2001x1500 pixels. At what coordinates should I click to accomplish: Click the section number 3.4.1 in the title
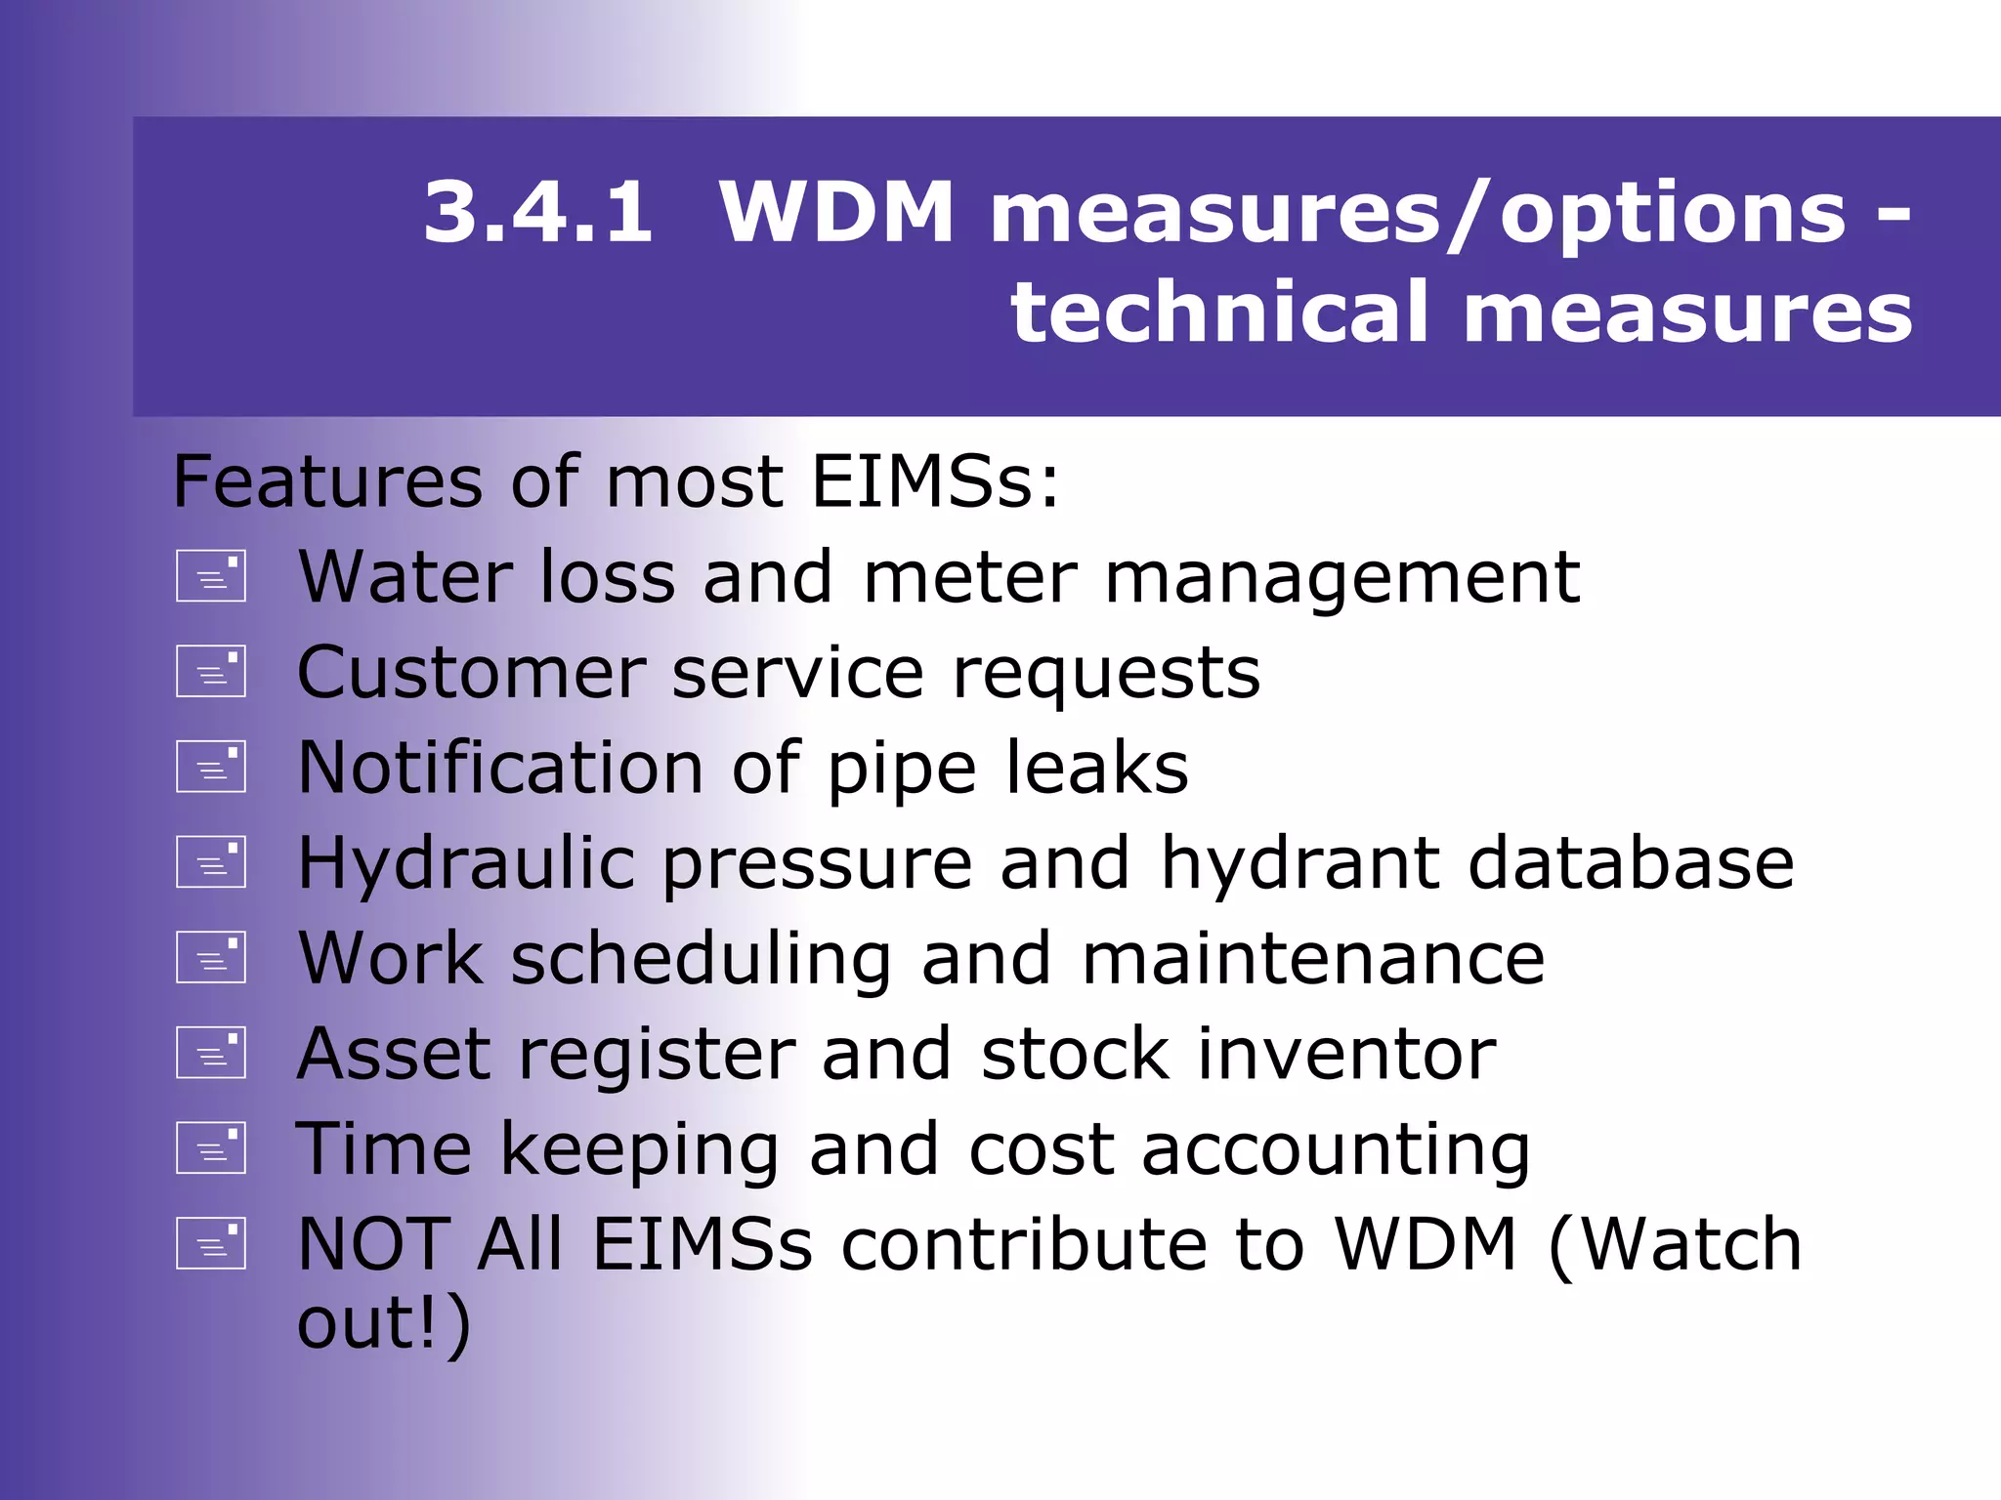(537, 213)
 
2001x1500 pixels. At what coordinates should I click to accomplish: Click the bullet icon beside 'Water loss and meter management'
(210, 576)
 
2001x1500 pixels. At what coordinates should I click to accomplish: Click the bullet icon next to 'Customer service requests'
(210, 671)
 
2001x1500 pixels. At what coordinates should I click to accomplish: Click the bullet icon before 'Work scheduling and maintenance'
(210, 957)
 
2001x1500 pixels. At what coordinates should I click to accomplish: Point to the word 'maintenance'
(1313, 959)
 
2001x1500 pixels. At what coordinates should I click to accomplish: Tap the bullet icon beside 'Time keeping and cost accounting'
(210, 1147)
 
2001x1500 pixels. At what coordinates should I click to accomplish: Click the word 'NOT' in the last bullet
(372, 1244)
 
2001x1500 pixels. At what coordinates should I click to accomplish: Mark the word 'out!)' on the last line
(384, 1324)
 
